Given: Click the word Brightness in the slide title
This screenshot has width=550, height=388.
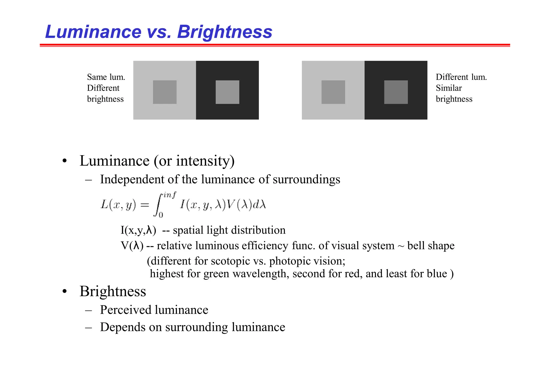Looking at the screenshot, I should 225,32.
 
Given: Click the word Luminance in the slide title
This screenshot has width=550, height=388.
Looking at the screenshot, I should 93,32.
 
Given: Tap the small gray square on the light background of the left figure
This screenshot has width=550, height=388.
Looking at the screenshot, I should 165,92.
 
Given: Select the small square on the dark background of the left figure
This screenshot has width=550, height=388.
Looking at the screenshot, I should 227,92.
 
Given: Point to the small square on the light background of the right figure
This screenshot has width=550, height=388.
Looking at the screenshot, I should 333,92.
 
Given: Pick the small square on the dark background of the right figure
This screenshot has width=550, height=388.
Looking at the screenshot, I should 396,92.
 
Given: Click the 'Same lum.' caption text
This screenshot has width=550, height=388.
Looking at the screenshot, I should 106,77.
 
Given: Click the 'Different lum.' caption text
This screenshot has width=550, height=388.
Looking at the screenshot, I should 461,77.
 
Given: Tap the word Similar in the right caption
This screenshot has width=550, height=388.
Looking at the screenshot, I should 449,88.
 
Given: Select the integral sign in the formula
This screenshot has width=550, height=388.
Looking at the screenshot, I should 158,205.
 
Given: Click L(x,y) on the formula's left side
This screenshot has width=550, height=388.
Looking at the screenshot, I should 118,205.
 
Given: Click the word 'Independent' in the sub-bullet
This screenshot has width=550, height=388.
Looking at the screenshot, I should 132,179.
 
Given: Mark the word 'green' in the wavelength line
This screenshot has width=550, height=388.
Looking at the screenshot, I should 216,274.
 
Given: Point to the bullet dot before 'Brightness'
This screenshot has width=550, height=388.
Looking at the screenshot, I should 64,291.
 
